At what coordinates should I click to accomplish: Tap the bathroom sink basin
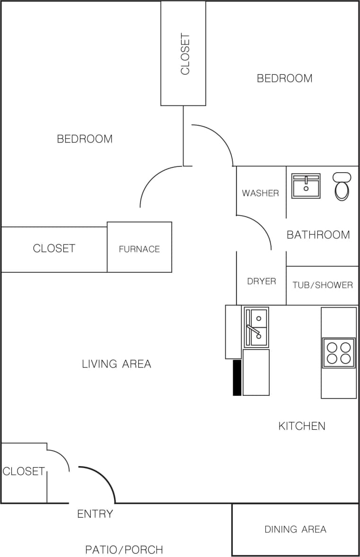306,186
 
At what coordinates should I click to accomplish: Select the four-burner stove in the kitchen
339,353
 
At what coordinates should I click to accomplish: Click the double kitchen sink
256,327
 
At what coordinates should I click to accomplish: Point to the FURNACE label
139,249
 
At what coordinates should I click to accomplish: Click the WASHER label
260,193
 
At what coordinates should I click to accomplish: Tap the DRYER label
262,281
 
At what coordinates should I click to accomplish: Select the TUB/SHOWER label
323,285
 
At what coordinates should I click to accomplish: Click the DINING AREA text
295,529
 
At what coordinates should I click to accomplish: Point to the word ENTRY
95,514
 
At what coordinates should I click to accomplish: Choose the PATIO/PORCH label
124,550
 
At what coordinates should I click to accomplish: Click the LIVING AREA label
116,364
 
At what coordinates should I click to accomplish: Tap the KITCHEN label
302,426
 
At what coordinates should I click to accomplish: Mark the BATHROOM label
318,235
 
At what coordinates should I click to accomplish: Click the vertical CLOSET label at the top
185,54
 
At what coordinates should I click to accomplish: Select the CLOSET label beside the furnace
54,248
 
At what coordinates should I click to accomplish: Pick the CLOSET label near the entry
23,471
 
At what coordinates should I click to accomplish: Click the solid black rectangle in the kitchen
237,378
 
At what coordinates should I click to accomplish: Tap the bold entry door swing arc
105,478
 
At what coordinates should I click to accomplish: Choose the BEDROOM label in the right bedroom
284,78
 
